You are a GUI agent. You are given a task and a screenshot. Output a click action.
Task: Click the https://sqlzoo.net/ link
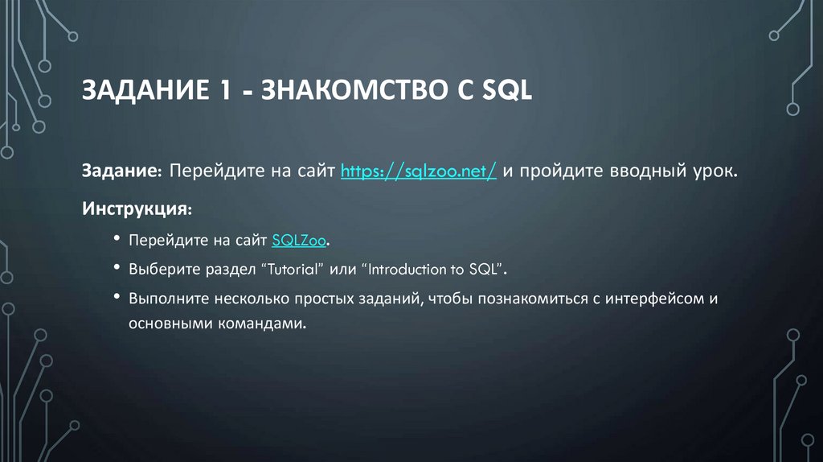pyautogui.click(x=418, y=171)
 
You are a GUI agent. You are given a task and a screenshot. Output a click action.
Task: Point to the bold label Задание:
pyautogui.click(x=122, y=171)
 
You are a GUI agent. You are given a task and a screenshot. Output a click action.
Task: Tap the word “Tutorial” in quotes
pyautogui.click(x=297, y=268)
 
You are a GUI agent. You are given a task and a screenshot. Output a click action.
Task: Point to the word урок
pyautogui.click(x=713, y=171)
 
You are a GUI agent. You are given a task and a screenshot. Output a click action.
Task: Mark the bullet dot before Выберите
pyautogui.click(x=117, y=268)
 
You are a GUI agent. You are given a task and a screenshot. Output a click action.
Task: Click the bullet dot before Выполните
pyautogui.click(x=117, y=298)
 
